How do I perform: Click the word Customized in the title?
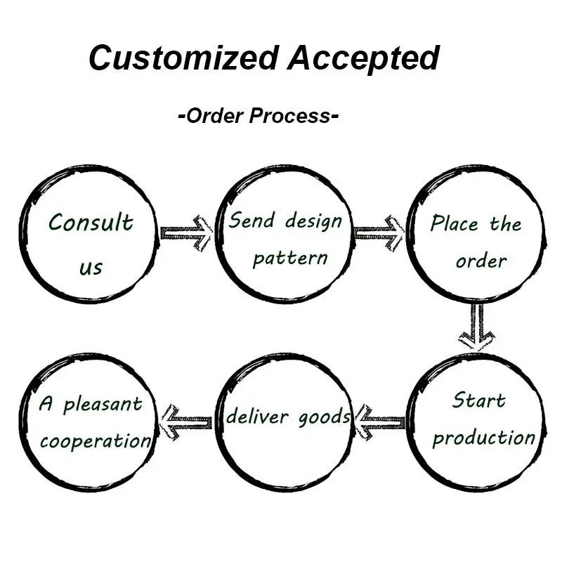[184, 58]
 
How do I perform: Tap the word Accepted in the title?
[363, 59]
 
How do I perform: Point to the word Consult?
[91, 222]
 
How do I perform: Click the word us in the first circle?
[91, 268]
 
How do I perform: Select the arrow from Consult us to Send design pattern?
[186, 233]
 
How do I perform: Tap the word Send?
[252, 220]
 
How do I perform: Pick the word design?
[313, 221]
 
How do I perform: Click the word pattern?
[290, 258]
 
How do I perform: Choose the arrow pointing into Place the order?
[379, 233]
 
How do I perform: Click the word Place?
[454, 223]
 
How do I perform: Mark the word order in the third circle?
[481, 261]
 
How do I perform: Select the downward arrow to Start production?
[477, 327]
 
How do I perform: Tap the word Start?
[479, 400]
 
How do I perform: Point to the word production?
[484, 438]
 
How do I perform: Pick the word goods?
[324, 418]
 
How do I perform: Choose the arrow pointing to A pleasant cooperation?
[185, 423]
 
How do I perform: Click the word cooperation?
[96, 441]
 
